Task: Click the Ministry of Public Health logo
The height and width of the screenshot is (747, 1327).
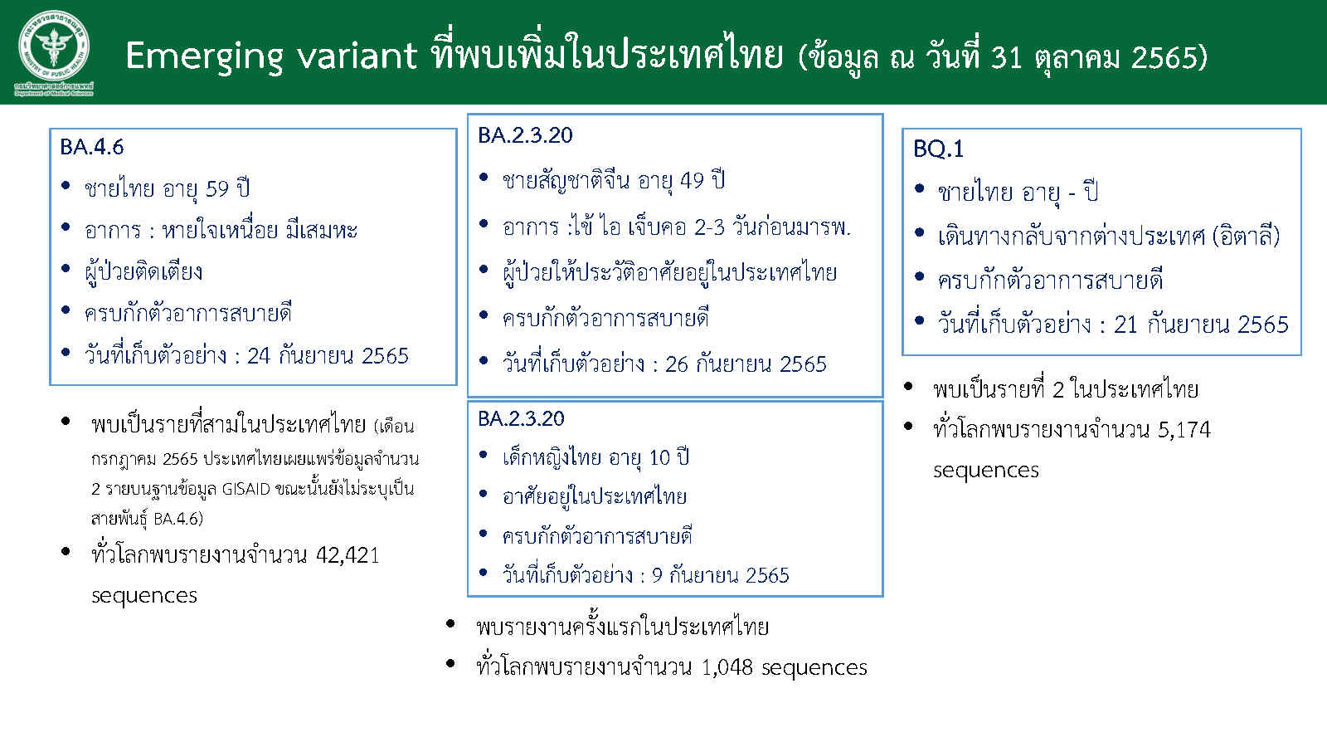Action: click(54, 53)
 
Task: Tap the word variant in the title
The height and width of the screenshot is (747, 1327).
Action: click(357, 56)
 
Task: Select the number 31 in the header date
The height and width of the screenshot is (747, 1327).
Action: click(1007, 57)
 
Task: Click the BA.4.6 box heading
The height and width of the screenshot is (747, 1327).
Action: click(92, 147)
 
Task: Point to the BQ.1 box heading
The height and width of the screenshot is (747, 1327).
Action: click(938, 149)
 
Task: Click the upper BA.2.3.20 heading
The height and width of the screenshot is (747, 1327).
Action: click(526, 135)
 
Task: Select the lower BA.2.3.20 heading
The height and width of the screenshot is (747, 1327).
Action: click(522, 418)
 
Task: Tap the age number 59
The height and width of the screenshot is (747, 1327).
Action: click(216, 189)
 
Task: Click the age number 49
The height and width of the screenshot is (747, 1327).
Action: click(692, 180)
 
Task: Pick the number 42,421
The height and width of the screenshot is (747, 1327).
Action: click(348, 555)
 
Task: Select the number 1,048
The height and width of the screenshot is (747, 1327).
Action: click(727, 667)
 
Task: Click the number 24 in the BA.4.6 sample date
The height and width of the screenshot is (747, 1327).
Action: click(259, 356)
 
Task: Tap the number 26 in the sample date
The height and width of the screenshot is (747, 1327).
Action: click(677, 364)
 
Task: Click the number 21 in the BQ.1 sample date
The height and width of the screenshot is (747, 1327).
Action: click(1125, 325)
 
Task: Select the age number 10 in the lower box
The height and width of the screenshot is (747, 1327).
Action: click(660, 457)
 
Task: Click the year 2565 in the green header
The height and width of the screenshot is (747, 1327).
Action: click(1164, 57)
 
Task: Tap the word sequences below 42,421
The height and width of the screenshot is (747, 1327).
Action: click(144, 596)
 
